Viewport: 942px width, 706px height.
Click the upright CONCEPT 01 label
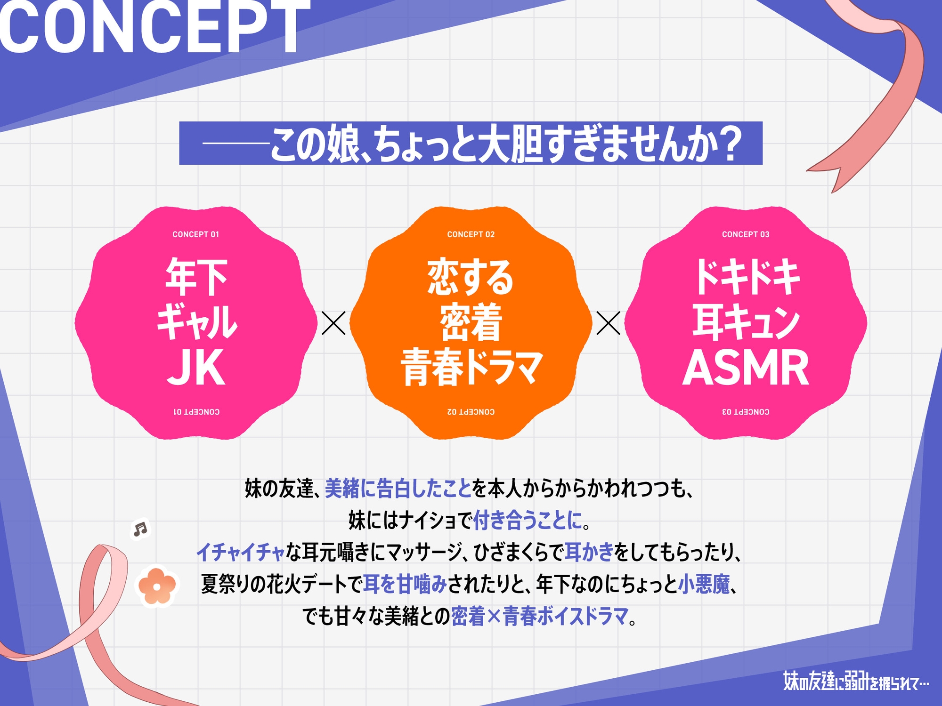coord(196,234)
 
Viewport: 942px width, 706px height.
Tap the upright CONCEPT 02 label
coord(471,234)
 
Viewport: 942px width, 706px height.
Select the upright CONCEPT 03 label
coord(746,234)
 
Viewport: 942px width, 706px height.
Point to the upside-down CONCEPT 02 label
coord(471,412)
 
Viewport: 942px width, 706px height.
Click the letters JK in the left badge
coord(196,368)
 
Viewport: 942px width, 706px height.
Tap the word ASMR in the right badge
coord(746,368)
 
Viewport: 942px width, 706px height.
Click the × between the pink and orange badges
coord(333,323)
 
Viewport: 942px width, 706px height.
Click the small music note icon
coord(140,529)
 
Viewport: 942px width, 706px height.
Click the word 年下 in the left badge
coord(196,278)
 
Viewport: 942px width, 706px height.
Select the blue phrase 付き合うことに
coord(527,521)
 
